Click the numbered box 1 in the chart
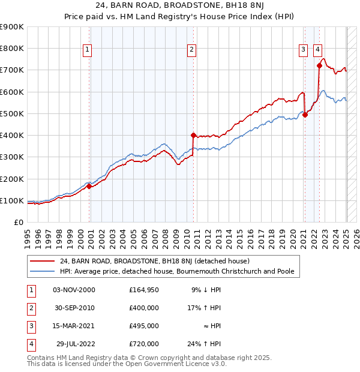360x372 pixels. [x=88, y=50]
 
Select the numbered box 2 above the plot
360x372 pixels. [x=191, y=50]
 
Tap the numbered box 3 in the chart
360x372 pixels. [x=304, y=50]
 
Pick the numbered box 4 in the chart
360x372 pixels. [x=317, y=50]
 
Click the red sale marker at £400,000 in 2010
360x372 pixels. [x=193, y=135]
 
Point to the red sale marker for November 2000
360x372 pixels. [x=89, y=186]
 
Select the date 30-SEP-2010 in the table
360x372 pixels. [x=74, y=307]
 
